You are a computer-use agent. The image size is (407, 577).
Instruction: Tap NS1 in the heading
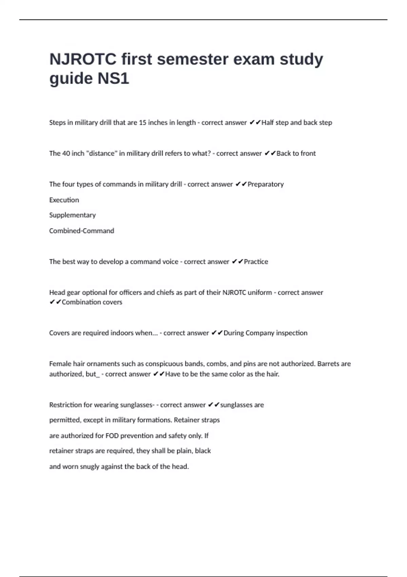coord(113,79)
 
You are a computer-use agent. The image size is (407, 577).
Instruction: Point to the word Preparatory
coord(266,184)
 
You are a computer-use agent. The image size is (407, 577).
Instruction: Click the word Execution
coord(64,200)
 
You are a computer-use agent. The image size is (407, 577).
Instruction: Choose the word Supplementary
coord(73,215)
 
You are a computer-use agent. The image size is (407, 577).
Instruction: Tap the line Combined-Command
coord(82,231)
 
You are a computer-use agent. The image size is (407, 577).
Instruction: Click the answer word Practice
coord(256,262)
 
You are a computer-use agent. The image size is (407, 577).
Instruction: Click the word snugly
coord(90,467)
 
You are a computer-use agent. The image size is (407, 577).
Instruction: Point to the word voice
coord(170,262)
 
